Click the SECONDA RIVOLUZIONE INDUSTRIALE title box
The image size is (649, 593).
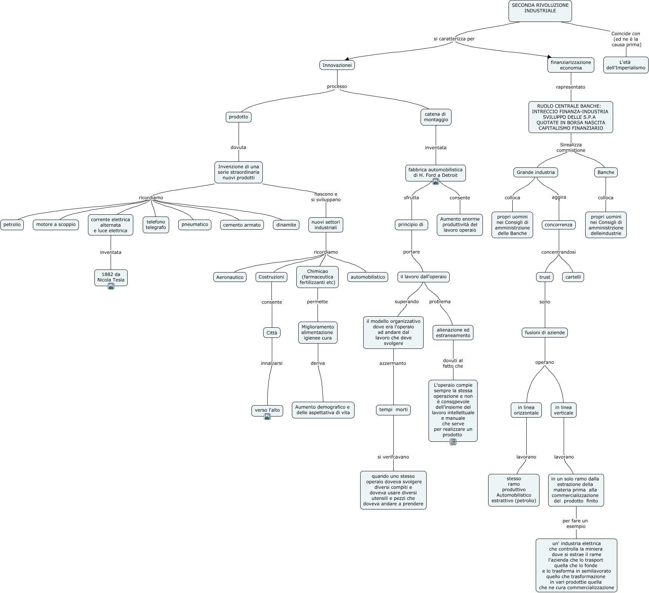[540, 11]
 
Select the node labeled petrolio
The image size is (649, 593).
[12, 225]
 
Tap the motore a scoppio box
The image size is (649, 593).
[56, 225]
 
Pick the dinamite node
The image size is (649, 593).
[286, 225]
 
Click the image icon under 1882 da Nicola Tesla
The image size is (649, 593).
[111, 286]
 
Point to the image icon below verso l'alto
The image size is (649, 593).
[267, 416]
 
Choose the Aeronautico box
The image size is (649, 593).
[230, 277]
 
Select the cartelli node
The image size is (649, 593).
[573, 277]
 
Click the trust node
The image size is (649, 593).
[545, 277]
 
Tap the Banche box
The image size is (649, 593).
[606, 172]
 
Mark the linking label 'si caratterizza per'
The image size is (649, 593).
[454, 39]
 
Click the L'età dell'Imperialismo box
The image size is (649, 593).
[626, 65]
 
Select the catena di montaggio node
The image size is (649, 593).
[436, 117]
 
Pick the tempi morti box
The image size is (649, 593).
[393, 410]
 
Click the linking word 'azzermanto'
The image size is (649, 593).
[393, 363]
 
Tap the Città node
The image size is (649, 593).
[272, 333]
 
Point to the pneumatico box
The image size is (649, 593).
[195, 225]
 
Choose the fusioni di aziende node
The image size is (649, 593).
[545, 333]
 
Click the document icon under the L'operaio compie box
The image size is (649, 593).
[453, 441]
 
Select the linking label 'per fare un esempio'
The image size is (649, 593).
[575, 523]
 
